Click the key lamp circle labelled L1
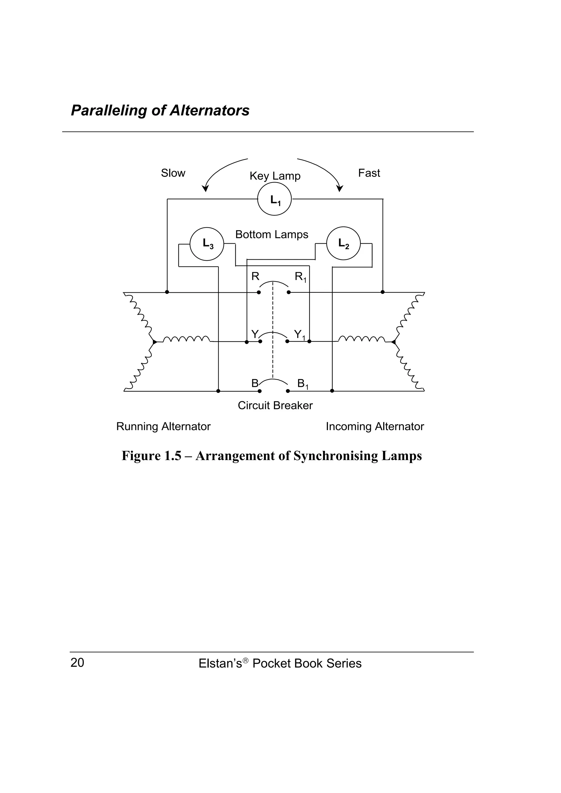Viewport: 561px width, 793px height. pyautogui.click(x=274, y=199)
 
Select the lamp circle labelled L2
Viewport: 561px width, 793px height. pyautogui.click(x=343, y=244)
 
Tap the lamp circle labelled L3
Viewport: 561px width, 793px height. pyautogui.click(x=207, y=244)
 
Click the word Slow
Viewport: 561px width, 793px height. pyautogui.click(x=173, y=173)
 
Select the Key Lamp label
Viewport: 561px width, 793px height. pyautogui.click(x=275, y=176)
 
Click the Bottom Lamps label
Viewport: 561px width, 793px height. pyautogui.click(x=272, y=235)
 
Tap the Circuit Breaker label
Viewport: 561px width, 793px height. pyautogui.click(x=275, y=406)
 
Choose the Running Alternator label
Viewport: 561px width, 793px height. pyautogui.click(x=163, y=427)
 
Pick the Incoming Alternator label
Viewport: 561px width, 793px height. pyautogui.click(x=375, y=427)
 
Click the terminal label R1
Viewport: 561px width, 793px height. pyautogui.click(x=300, y=277)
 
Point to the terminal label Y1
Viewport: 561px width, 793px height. pyautogui.click(x=299, y=335)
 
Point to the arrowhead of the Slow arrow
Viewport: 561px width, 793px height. pyautogui.click(x=206, y=189)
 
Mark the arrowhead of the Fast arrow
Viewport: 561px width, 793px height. pyautogui.click(x=340, y=189)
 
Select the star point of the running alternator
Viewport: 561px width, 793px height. pyautogui.click(x=154, y=342)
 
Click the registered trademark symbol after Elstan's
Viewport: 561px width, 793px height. pyautogui.click(x=245, y=660)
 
